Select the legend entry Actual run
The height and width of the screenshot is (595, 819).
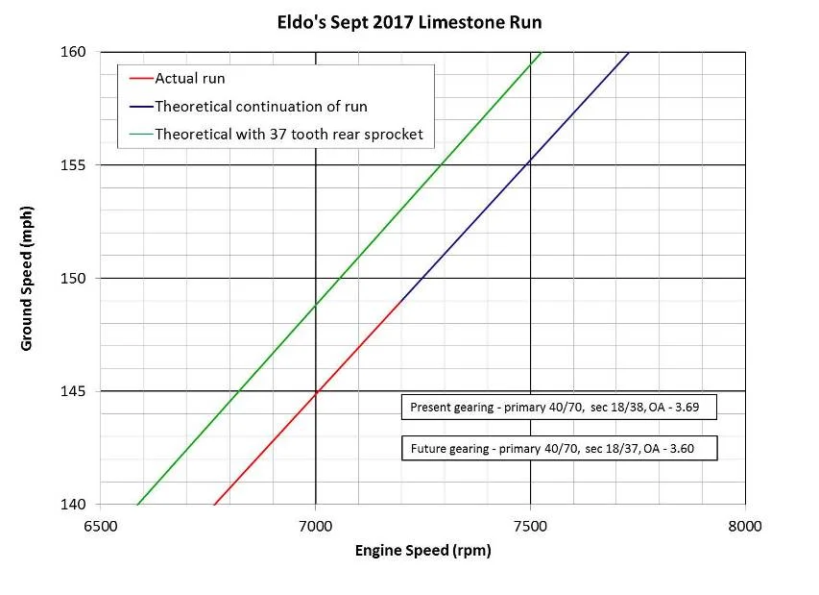click(190, 78)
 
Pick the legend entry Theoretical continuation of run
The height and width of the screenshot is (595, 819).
click(260, 106)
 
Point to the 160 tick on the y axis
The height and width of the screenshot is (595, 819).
click(77, 52)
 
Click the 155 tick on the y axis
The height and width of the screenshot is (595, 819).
click(77, 165)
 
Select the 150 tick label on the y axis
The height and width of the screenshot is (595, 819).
click(77, 279)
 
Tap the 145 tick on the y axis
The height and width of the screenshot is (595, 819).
click(77, 391)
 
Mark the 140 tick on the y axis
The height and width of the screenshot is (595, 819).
click(77, 505)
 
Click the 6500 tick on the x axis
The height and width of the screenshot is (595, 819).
click(101, 525)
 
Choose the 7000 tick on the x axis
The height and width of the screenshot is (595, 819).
click(315, 525)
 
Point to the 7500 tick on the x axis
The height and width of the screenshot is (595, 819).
click(530, 525)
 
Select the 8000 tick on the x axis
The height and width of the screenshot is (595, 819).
click(744, 525)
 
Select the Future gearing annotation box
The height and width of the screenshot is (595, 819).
click(559, 448)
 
